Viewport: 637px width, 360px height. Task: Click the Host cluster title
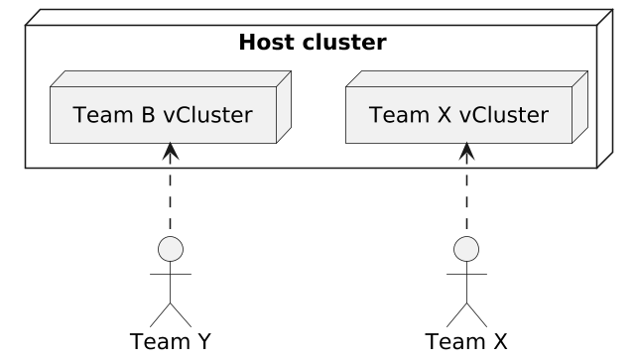(313, 43)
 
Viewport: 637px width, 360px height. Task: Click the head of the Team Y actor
(171, 249)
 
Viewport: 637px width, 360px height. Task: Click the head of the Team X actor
(466, 249)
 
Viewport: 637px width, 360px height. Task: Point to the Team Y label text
(171, 341)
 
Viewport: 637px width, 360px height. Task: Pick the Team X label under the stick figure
(466, 341)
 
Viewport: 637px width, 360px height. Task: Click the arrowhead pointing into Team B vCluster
(171, 150)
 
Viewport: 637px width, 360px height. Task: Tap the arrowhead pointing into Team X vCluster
(466, 150)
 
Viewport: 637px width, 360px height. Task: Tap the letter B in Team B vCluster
(148, 115)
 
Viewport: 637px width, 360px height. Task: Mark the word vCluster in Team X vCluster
(504, 115)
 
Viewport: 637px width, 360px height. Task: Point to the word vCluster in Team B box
(207, 115)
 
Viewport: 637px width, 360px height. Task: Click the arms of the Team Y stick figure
(171, 275)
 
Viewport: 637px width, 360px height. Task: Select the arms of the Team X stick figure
(466, 275)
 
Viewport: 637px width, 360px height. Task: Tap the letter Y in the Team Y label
(203, 341)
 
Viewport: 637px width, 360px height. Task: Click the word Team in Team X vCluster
(399, 115)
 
